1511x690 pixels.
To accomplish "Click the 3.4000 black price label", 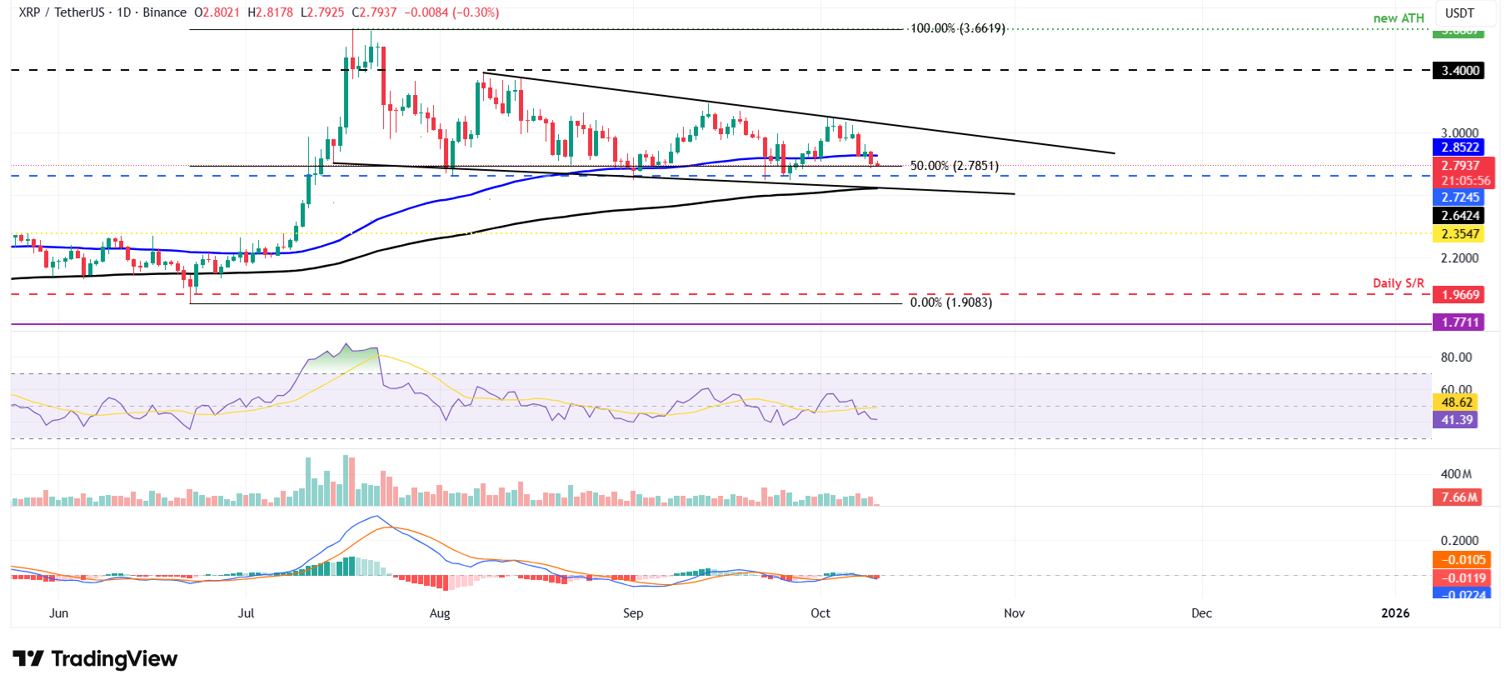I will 1460,71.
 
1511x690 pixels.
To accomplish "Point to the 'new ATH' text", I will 1399,18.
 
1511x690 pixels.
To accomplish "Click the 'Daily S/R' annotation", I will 1399,283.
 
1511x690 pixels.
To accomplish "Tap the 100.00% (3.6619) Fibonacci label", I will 957,28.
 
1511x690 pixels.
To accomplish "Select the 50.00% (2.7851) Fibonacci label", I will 954,166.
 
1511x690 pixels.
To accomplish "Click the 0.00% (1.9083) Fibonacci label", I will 950,302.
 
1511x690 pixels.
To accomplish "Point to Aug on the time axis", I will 440,613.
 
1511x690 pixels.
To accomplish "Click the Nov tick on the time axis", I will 1014,613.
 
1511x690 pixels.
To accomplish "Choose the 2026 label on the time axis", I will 1395,613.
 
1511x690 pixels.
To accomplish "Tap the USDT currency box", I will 1459,13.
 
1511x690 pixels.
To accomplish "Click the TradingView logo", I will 95,659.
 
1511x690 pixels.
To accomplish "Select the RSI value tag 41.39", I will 1457,420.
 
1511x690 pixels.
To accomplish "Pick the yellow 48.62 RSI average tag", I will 1457,402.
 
